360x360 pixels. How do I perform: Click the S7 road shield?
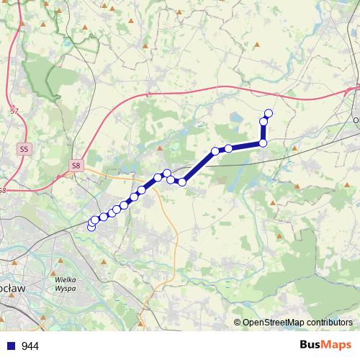[14, 111]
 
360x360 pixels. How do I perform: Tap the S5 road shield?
[24, 149]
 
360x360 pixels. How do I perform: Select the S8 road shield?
[76, 166]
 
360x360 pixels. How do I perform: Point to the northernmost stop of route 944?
[269, 112]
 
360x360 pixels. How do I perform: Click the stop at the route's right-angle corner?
[263, 143]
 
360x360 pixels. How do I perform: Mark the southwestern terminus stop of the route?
[91, 227]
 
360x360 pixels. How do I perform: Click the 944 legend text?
[30, 346]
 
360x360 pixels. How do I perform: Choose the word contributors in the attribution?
[330, 323]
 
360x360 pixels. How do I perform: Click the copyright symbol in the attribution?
[238, 323]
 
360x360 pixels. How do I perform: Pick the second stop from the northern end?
[264, 121]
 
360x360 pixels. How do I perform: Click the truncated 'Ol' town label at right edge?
[356, 120]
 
